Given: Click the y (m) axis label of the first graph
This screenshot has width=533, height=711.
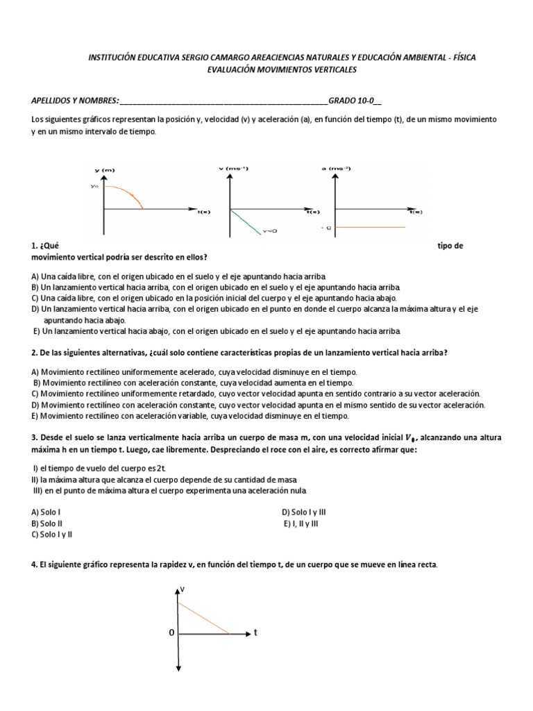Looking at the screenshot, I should click(104, 170).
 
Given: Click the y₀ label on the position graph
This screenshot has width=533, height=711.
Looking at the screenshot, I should click(94, 186).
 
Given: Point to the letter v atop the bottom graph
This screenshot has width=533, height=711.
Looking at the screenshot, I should click(183, 589).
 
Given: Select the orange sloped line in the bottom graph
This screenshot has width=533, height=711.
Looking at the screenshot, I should click(204, 618).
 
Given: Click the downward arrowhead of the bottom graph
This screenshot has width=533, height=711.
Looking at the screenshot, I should click(178, 669).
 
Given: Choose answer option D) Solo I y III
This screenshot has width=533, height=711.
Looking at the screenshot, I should click(303, 512).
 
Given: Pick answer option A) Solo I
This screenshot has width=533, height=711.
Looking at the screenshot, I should click(46, 512).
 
